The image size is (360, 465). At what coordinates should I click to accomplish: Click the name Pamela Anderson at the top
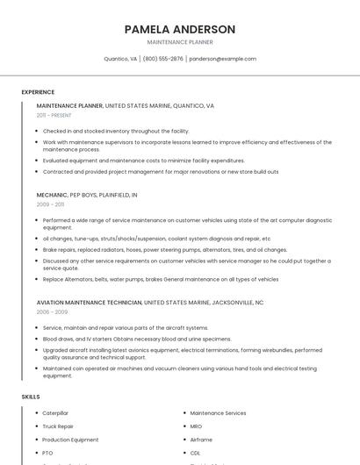pyautogui.click(x=180, y=29)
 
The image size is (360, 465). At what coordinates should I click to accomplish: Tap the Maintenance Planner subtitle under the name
pyautogui.click(x=180, y=42)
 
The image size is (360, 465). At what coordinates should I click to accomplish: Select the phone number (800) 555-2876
pyautogui.click(x=163, y=59)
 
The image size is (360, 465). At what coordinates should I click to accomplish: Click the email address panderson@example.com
pyautogui.click(x=223, y=59)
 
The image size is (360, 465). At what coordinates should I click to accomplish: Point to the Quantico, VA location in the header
pyautogui.click(x=120, y=59)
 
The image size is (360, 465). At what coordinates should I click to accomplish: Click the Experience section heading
pyautogui.click(x=38, y=92)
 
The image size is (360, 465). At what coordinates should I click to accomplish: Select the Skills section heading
pyautogui.click(x=31, y=397)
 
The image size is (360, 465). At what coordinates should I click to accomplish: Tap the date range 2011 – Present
pyautogui.click(x=54, y=115)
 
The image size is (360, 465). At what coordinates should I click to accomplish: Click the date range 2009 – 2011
pyautogui.click(x=51, y=204)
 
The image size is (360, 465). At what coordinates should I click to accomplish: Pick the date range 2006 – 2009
pyautogui.click(x=52, y=311)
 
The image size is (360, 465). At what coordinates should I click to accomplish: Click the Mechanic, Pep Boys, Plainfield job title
pyautogui.click(x=87, y=195)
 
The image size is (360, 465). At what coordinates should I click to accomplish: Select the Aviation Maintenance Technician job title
pyautogui.click(x=89, y=302)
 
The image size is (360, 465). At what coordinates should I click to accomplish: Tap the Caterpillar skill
pyautogui.click(x=55, y=413)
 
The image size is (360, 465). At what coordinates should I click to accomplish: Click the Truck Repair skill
pyautogui.click(x=58, y=426)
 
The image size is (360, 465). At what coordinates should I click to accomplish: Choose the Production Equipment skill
pyautogui.click(x=70, y=440)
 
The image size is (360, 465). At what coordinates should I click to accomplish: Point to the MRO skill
pyautogui.click(x=196, y=426)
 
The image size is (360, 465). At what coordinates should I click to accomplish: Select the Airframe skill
pyautogui.click(x=201, y=440)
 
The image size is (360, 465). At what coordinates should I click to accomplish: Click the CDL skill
pyautogui.click(x=195, y=453)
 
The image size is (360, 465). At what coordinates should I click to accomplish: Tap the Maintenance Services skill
pyautogui.click(x=218, y=413)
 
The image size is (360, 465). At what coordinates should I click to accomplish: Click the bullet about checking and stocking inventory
pyautogui.click(x=115, y=131)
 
